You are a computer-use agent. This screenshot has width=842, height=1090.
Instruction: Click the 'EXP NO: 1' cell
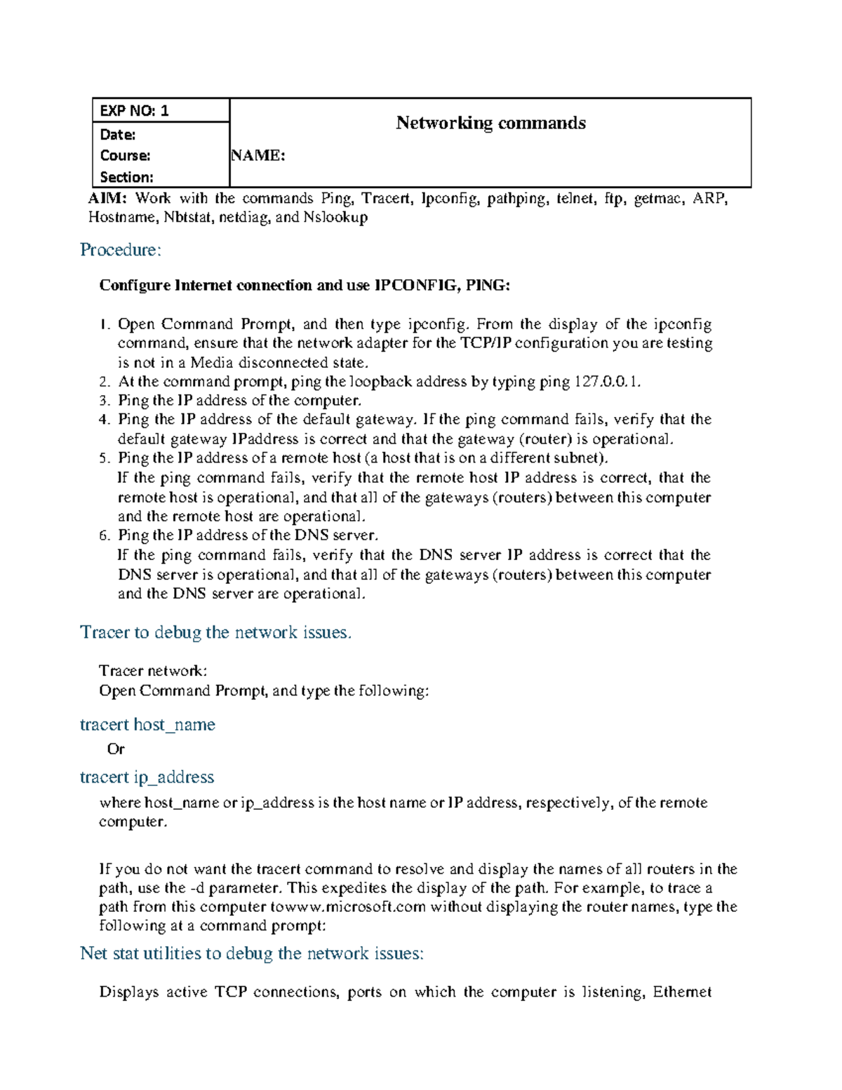click(x=134, y=110)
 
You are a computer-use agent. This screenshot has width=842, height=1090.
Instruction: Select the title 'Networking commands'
click(x=490, y=123)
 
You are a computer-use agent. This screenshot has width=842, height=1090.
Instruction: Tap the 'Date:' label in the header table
click(x=118, y=134)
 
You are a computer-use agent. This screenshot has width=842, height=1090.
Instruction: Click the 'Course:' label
click(x=125, y=155)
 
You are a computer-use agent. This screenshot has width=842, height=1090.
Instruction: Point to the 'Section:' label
click(x=126, y=177)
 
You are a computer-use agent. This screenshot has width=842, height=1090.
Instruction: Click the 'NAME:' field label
click(x=258, y=155)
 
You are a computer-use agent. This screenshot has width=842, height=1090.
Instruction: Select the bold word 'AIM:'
click(x=107, y=199)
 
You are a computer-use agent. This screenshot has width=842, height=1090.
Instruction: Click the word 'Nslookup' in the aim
click(x=335, y=218)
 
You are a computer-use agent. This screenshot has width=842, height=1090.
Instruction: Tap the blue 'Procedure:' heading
click(x=121, y=250)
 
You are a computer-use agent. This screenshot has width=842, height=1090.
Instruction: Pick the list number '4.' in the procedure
click(x=105, y=420)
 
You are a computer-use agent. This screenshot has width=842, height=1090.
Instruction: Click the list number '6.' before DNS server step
click(x=105, y=536)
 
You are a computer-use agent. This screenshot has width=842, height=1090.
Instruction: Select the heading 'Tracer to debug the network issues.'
click(x=215, y=632)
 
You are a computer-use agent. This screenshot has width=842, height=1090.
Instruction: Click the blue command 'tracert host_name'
click(x=147, y=724)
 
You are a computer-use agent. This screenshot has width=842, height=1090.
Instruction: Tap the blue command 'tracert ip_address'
click(x=147, y=777)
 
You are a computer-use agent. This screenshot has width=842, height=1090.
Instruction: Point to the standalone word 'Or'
click(x=116, y=750)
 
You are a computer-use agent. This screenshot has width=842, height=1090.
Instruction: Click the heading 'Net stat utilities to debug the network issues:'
click(x=252, y=953)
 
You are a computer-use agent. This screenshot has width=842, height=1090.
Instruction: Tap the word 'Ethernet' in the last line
click(x=682, y=992)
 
